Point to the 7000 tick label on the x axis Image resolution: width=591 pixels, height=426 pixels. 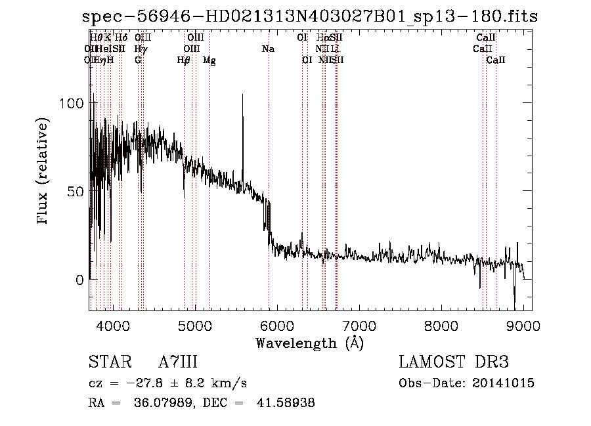(x=359, y=325)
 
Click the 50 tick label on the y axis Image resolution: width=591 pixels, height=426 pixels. (x=74, y=192)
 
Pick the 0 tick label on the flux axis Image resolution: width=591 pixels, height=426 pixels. (x=79, y=280)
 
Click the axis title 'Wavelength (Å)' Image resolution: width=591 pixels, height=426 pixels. (x=309, y=343)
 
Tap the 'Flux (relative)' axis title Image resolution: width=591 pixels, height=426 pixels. (x=44, y=172)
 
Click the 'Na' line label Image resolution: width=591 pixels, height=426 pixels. (x=268, y=49)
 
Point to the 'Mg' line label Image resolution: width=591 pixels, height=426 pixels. (x=209, y=60)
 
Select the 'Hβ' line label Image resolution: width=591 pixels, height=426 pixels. (x=184, y=60)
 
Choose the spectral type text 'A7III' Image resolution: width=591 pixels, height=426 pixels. (x=178, y=362)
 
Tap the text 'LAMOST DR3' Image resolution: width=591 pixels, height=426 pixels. (x=454, y=362)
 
